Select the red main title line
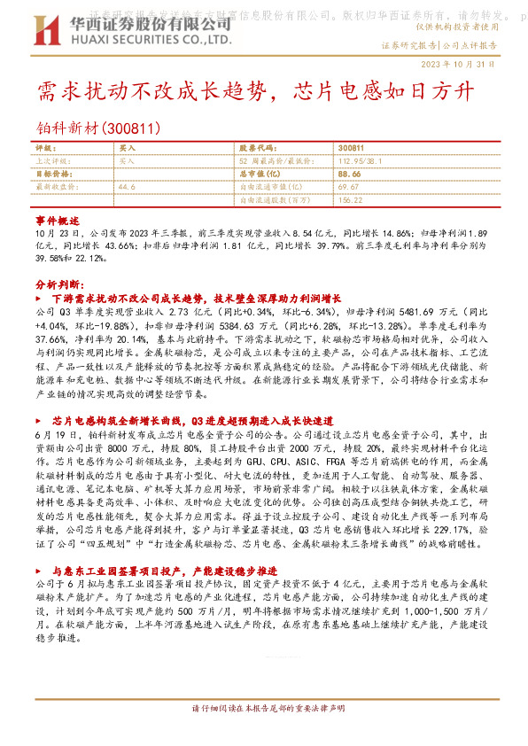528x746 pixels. tap(257, 90)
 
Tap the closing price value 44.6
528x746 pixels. tap(126, 187)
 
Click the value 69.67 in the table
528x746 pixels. tap(347, 187)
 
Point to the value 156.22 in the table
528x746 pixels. tap(351, 200)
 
